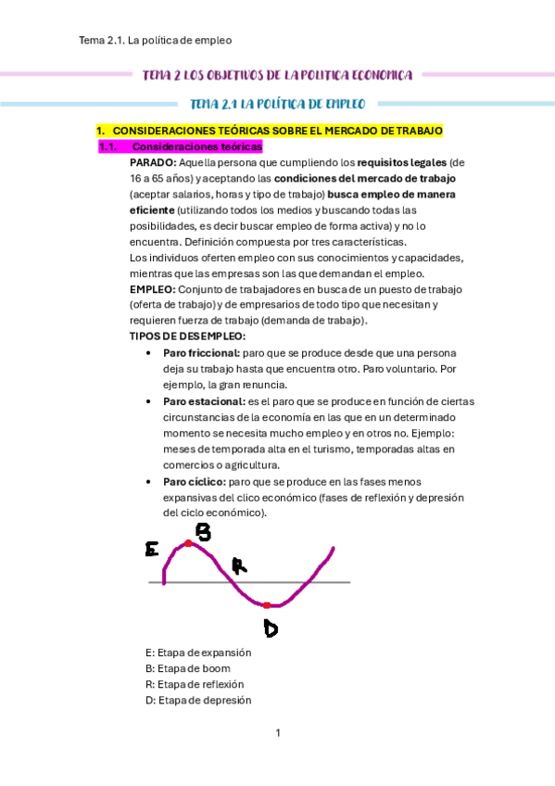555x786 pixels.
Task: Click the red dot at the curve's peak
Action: point(188,544)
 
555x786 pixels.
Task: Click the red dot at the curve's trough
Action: point(266,604)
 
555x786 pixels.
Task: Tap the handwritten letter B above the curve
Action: point(202,531)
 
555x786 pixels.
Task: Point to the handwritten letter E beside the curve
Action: point(152,550)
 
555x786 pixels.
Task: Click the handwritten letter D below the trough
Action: point(271,628)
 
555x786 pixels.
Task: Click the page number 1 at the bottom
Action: point(277,733)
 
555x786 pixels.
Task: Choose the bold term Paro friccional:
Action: point(201,353)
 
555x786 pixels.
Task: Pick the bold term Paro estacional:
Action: point(203,401)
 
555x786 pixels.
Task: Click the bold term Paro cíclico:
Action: point(194,482)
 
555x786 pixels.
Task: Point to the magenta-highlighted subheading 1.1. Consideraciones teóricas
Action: point(181,146)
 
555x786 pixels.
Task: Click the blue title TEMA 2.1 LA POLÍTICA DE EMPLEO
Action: point(277,104)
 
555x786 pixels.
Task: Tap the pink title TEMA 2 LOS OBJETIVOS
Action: point(277,74)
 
